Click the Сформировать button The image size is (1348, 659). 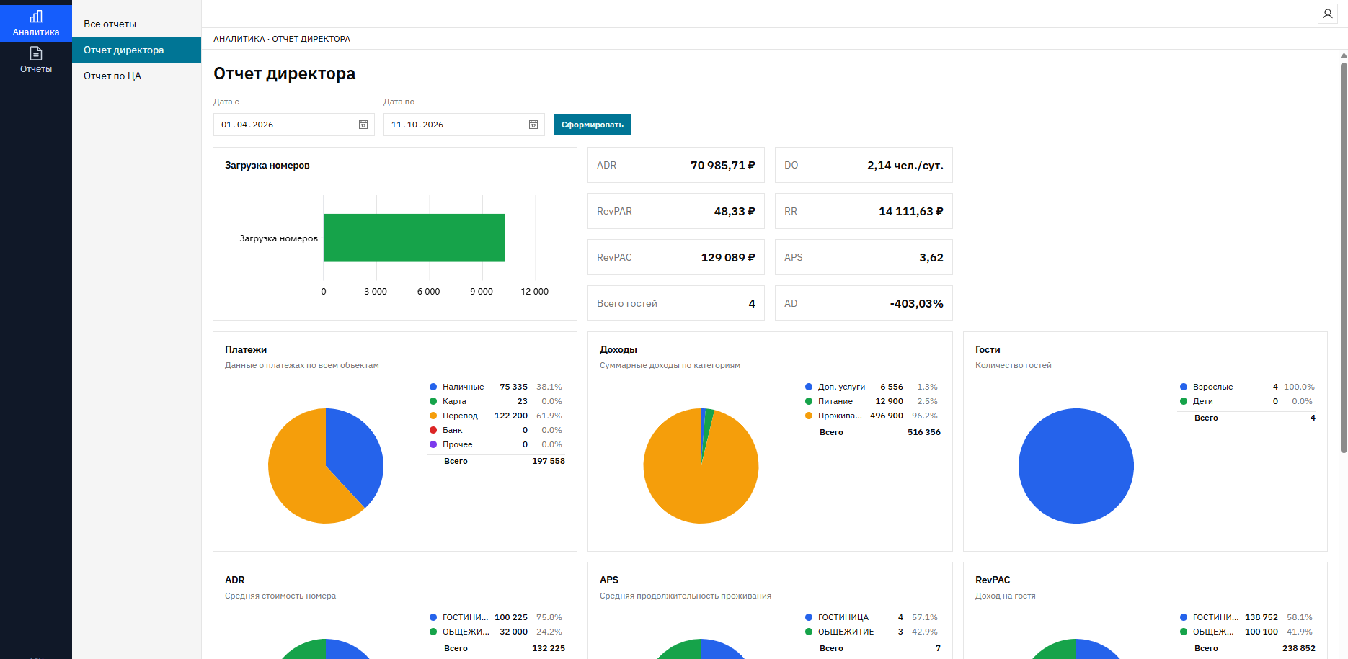coord(593,125)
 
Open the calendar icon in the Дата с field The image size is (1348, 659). coord(363,125)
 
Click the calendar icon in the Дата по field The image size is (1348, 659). coord(533,125)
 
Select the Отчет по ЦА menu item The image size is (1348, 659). coord(112,76)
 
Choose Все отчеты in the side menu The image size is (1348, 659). coord(110,24)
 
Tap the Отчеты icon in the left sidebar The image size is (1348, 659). coord(36,53)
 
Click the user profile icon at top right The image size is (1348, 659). coord(1328,14)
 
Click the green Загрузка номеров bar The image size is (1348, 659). coord(414,238)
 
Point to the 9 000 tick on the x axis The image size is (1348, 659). coord(482,292)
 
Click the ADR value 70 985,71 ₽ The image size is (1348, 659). coord(723,165)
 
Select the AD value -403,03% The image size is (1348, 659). coord(916,303)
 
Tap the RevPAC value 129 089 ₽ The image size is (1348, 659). coord(728,257)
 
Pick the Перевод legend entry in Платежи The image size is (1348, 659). coord(460,416)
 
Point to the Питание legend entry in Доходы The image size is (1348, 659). coord(835,401)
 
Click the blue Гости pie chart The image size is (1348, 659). coord(1076,466)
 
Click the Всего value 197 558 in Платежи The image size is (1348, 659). coord(549,461)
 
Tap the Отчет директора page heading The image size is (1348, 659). coord(285,73)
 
